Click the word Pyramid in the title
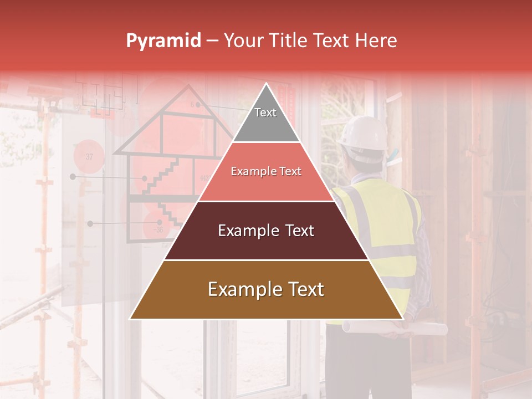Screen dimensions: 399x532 (163, 41)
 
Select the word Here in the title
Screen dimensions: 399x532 (377, 40)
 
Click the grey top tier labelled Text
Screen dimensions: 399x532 (265, 119)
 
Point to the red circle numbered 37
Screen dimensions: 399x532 (89, 157)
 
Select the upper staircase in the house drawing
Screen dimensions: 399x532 (161, 176)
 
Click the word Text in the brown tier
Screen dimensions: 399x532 (303, 289)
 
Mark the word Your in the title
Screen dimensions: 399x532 (242, 40)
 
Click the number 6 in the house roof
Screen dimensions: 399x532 (193, 104)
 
